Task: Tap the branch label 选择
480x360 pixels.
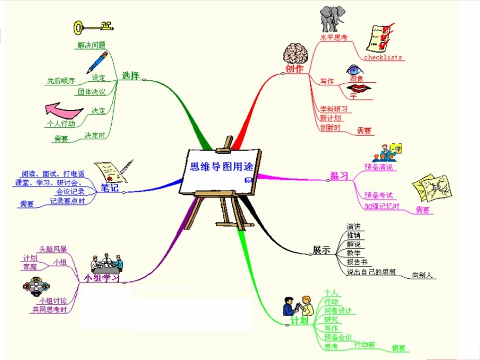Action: click(x=130, y=76)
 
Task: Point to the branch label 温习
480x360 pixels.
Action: click(x=340, y=176)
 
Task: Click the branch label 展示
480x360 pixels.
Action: click(x=322, y=250)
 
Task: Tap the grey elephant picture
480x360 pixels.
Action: click(x=332, y=20)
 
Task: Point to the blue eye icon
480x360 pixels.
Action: click(x=355, y=70)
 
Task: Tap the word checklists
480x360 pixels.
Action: click(x=383, y=57)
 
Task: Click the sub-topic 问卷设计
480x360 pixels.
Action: click(x=338, y=311)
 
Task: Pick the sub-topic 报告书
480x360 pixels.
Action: click(x=356, y=262)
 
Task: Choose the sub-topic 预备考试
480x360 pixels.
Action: click(x=379, y=194)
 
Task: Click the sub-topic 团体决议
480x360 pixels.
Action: click(x=91, y=92)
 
